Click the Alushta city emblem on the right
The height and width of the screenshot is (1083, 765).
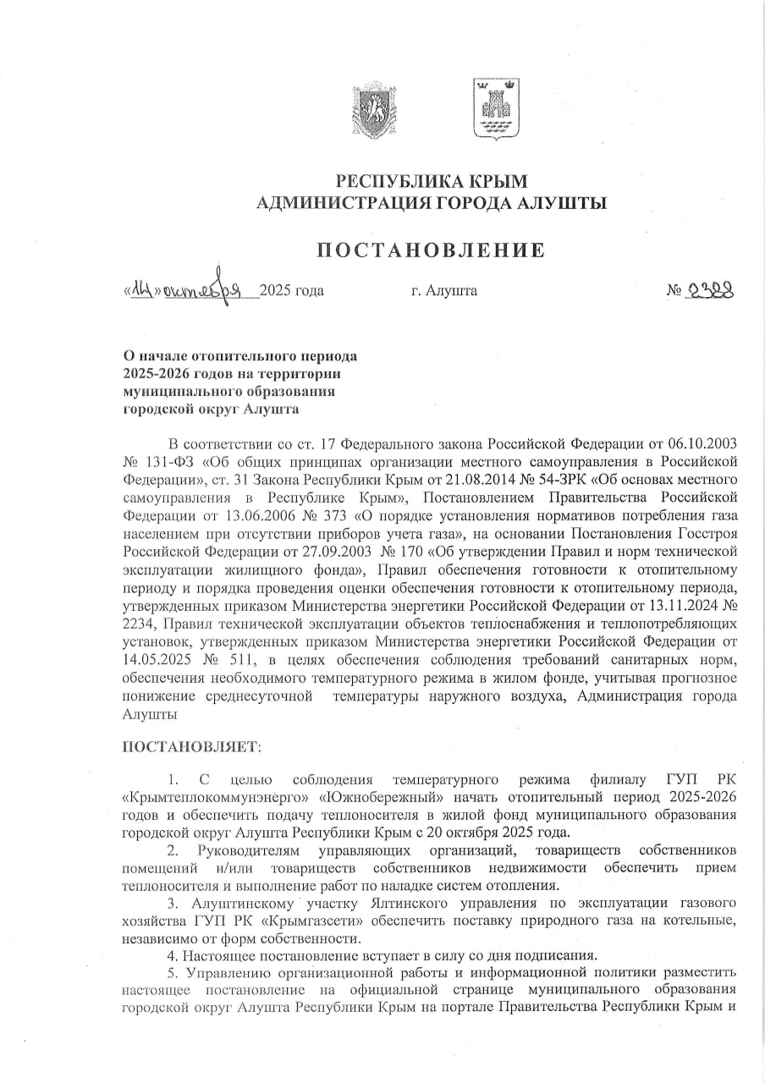[x=495, y=107]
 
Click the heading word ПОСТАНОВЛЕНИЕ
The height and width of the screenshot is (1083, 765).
[x=431, y=250]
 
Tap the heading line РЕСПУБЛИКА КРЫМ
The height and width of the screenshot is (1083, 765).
[x=432, y=181]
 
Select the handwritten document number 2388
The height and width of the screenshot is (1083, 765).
[x=710, y=290]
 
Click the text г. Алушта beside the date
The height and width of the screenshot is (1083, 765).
[x=444, y=291]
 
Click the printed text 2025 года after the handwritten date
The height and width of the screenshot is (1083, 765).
[x=292, y=291]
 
